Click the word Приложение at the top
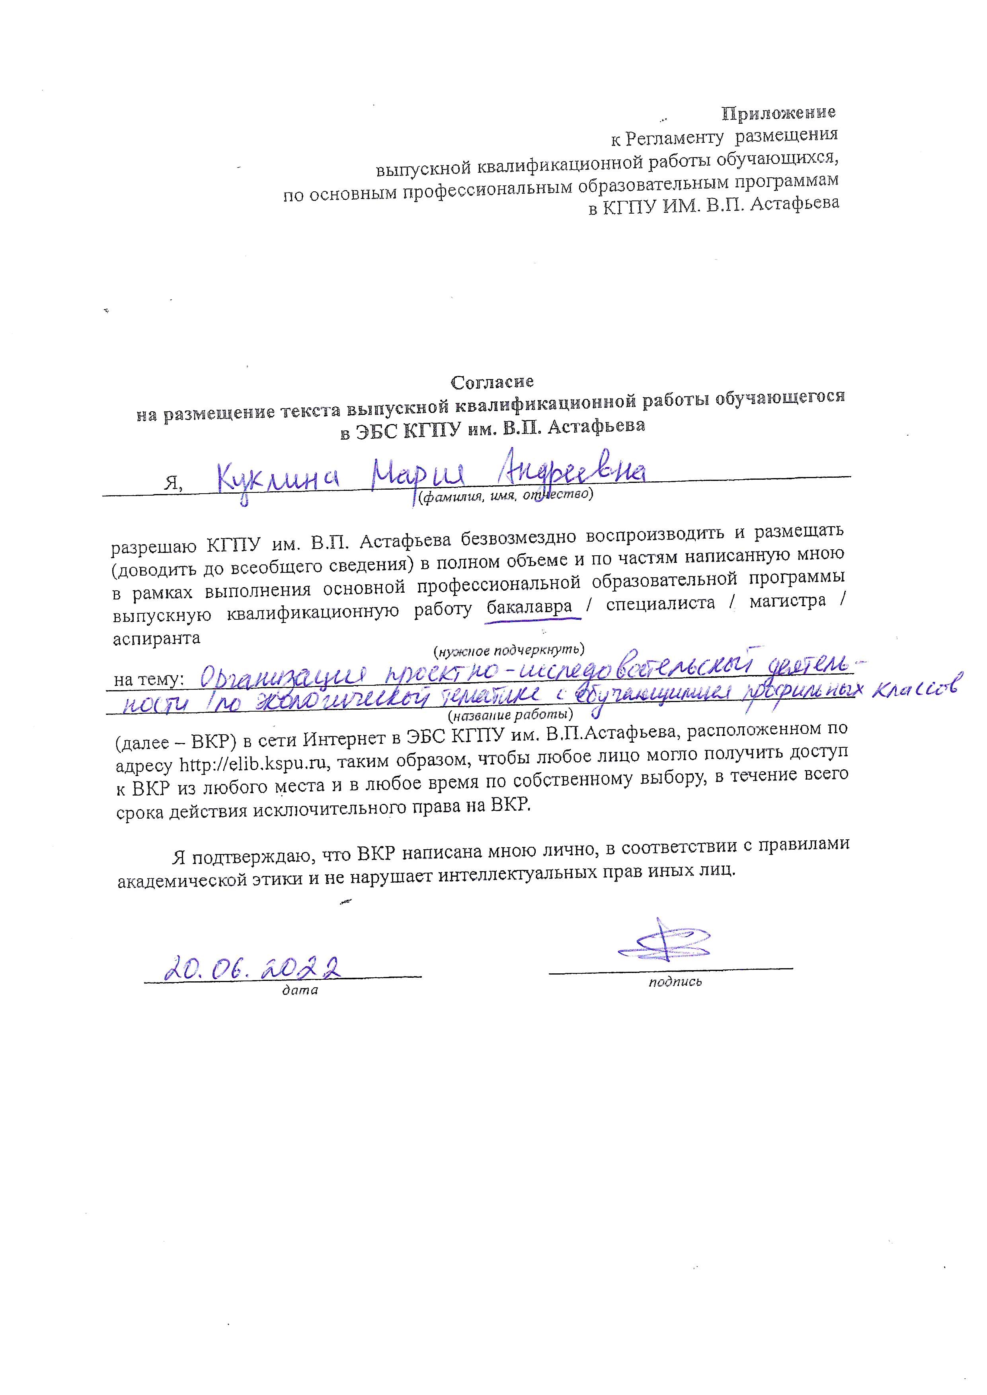click(778, 113)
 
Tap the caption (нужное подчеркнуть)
click(509, 651)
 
